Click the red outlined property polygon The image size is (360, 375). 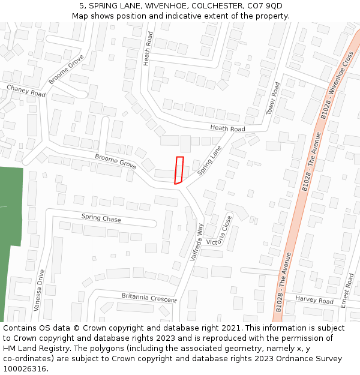pyautogui.click(x=178, y=170)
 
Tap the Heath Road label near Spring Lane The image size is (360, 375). pyautogui.click(x=227, y=128)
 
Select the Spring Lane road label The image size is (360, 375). pyautogui.click(x=209, y=160)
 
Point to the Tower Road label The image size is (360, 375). pyautogui.click(x=272, y=98)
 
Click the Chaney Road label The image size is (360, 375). pyautogui.click(x=26, y=91)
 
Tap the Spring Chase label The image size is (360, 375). pyautogui.click(x=101, y=219)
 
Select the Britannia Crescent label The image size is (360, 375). pyautogui.click(x=149, y=298)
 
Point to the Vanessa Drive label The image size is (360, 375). pyautogui.click(x=39, y=290)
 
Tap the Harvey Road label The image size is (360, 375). pyautogui.click(x=314, y=301)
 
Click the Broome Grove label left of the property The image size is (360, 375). pyautogui.click(x=115, y=161)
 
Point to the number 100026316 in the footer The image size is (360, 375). pyautogui.click(x=25, y=368)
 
